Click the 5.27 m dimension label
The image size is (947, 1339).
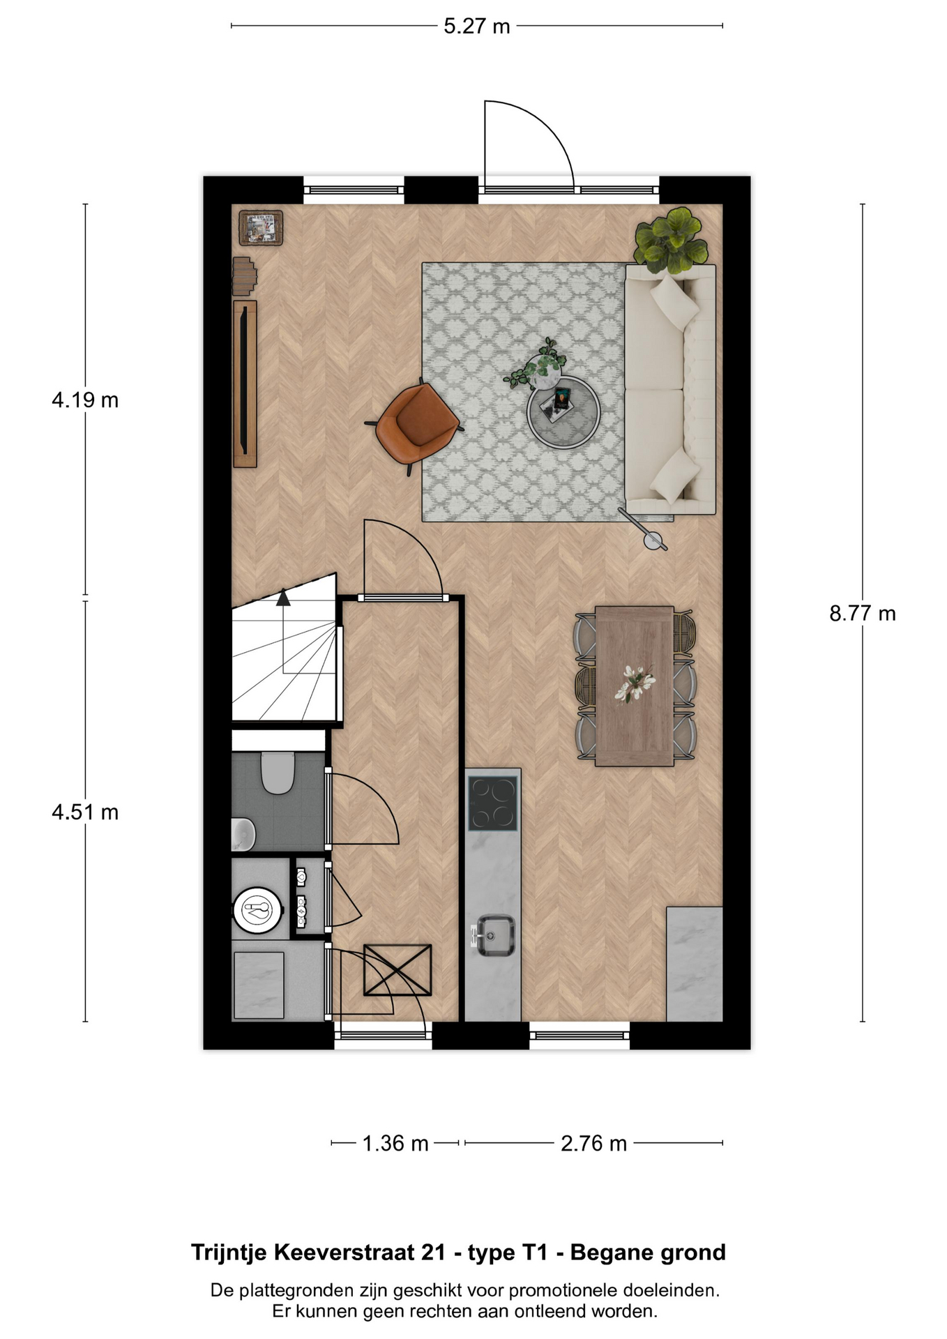coord(477,27)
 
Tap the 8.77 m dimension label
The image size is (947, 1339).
coord(863,614)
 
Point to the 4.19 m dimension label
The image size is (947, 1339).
coord(85,400)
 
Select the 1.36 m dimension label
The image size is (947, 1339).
coord(395,1144)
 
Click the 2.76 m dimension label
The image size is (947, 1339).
coord(594,1144)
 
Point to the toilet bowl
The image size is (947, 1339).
coord(277,772)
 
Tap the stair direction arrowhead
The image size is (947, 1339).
coord(283,598)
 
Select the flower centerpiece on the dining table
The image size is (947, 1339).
coord(634,683)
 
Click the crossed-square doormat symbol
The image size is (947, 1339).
coord(397,970)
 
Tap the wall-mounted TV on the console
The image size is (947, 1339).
coord(243,383)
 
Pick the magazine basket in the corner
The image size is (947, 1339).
coord(262,228)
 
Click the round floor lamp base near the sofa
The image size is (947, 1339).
coord(654,540)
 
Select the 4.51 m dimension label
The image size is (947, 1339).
coord(85,812)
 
